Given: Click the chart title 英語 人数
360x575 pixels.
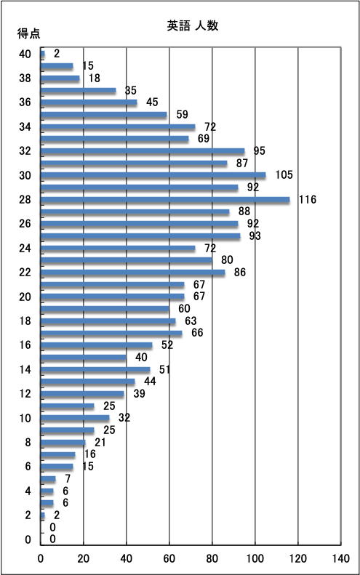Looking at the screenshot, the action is point(193,25).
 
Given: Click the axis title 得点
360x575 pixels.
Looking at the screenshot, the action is point(28,33).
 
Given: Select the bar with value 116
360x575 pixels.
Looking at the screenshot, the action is point(165,200).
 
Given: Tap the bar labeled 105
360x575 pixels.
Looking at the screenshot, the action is point(153,176).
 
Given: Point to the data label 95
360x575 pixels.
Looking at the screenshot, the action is point(259,150).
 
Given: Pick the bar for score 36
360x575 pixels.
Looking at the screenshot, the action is point(89,102).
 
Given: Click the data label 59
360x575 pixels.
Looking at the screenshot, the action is point(182,114).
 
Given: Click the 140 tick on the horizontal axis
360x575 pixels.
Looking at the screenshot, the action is point(340,558).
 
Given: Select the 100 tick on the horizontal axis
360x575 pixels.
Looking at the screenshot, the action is point(255,558).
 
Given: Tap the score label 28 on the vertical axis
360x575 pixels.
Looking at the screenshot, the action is point(25,200).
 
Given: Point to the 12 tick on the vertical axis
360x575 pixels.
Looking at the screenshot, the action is point(25,394).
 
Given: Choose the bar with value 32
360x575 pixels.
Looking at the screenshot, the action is point(75,418).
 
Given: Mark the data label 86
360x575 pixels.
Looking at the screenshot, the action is point(240,272).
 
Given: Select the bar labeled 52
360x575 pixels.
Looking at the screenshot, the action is point(97,345).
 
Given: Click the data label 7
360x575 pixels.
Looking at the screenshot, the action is point(68,478).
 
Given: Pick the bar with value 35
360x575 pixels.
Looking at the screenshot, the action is point(78,91).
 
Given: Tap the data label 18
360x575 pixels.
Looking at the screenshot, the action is point(95,78).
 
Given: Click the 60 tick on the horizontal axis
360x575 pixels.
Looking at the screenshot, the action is point(169,558).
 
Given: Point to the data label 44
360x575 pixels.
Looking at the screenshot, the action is point(150,382).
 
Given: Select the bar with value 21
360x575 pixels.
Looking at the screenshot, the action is point(63,443).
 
